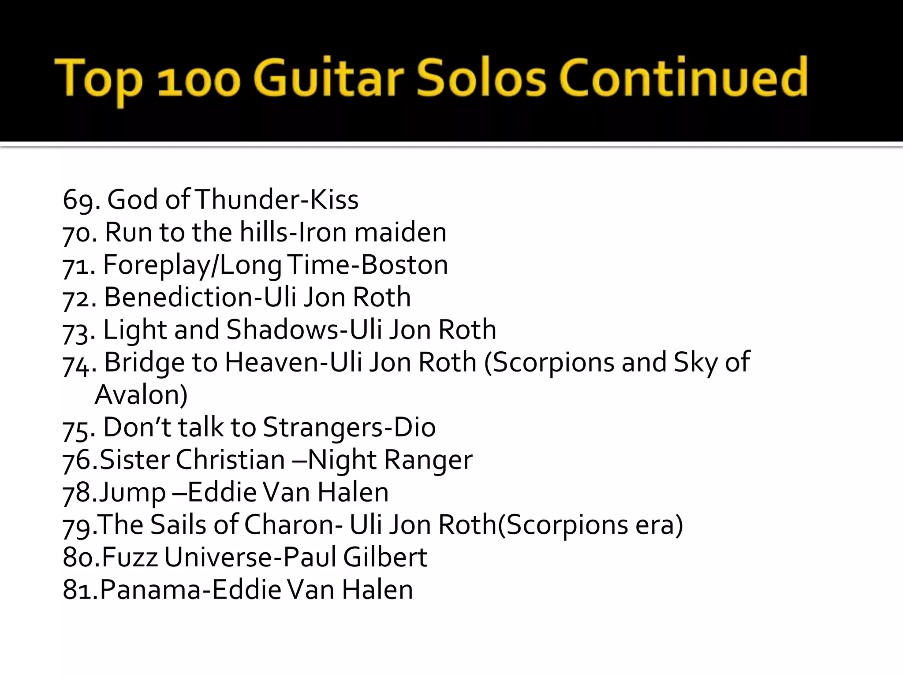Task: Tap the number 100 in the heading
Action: pos(199,80)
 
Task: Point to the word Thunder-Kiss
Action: pos(276,199)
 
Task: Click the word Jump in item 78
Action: pos(132,492)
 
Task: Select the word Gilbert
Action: pos(385,557)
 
